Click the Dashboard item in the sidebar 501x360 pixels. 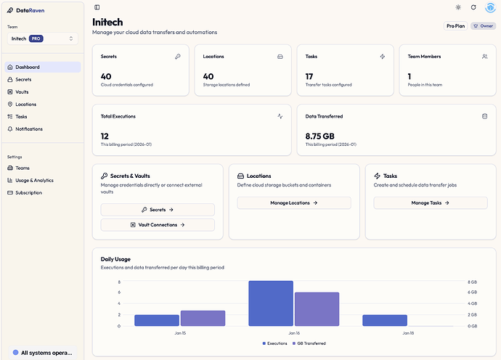pyautogui.click(x=28, y=67)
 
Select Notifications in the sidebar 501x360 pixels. pyautogui.click(x=29, y=129)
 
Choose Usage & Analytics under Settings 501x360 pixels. pyautogui.click(x=34, y=180)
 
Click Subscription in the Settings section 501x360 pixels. pyautogui.click(x=28, y=192)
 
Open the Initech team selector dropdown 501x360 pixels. pyautogui.click(x=42, y=38)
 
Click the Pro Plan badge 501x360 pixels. pyautogui.click(x=455, y=26)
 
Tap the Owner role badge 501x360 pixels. pyautogui.click(x=483, y=26)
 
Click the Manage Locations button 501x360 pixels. pyautogui.click(x=294, y=203)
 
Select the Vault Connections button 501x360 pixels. pyautogui.click(x=158, y=225)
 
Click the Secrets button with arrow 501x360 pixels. pyautogui.click(x=158, y=210)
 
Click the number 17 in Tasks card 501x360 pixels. pyautogui.click(x=309, y=75)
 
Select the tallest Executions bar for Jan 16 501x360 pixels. pyautogui.click(x=270, y=303)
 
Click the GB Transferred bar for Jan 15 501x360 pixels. pyautogui.click(x=203, y=318)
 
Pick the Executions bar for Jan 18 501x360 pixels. pyautogui.click(x=385, y=320)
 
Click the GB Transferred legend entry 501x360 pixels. pyautogui.click(x=310, y=343)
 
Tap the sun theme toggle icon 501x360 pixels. pyautogui.click(x=458, y=7)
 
